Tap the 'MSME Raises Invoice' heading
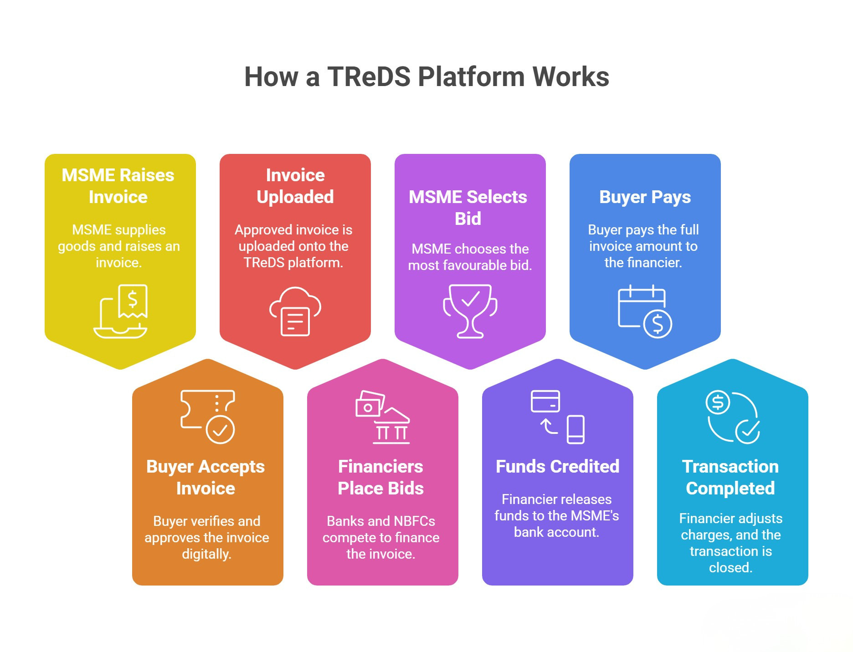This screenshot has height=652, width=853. [118, 186]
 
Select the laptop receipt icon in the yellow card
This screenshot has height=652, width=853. [121, 311]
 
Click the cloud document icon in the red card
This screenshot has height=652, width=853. [295, 311]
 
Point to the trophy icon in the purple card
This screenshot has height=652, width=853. [470, 311]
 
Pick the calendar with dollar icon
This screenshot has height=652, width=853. [645, 311]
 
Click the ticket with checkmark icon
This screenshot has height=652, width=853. [208, 417]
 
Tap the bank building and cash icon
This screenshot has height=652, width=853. [382, 417]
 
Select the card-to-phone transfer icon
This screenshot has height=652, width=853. [557, 417]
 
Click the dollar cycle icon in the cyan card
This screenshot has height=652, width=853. [732, 417]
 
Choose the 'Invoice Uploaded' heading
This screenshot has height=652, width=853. [295, 186]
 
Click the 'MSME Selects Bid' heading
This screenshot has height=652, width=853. [468, 208]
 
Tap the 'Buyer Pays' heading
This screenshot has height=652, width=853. [645, 197]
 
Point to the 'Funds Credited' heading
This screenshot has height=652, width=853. [557, 466]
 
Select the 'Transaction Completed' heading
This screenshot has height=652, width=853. [730, 477]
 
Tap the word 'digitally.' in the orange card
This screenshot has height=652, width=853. [207, 554]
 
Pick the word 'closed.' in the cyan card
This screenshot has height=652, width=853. [731, 567]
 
